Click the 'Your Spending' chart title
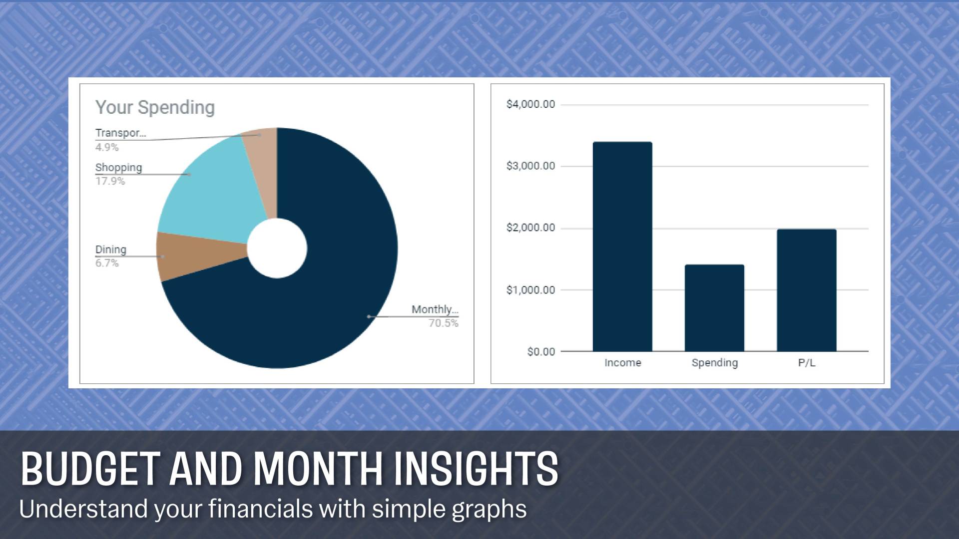(x=155, y=108)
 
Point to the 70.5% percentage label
(x=443, y=323)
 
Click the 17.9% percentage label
(x=110, y=181)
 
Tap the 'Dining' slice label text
(x=111, y=250)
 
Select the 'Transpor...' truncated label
(x=120, y=133)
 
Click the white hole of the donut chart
(x=277, y=248)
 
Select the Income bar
(x=622, y=247)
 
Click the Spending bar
(x=714, y=308)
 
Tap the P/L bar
(x=807, y=290)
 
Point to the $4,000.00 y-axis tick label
(x=530, y=104)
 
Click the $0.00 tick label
(x=541, y=352)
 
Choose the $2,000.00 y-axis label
(x=530, y=228)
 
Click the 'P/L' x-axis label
(x=807, y=363)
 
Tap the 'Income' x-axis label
(x=623, y=363)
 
